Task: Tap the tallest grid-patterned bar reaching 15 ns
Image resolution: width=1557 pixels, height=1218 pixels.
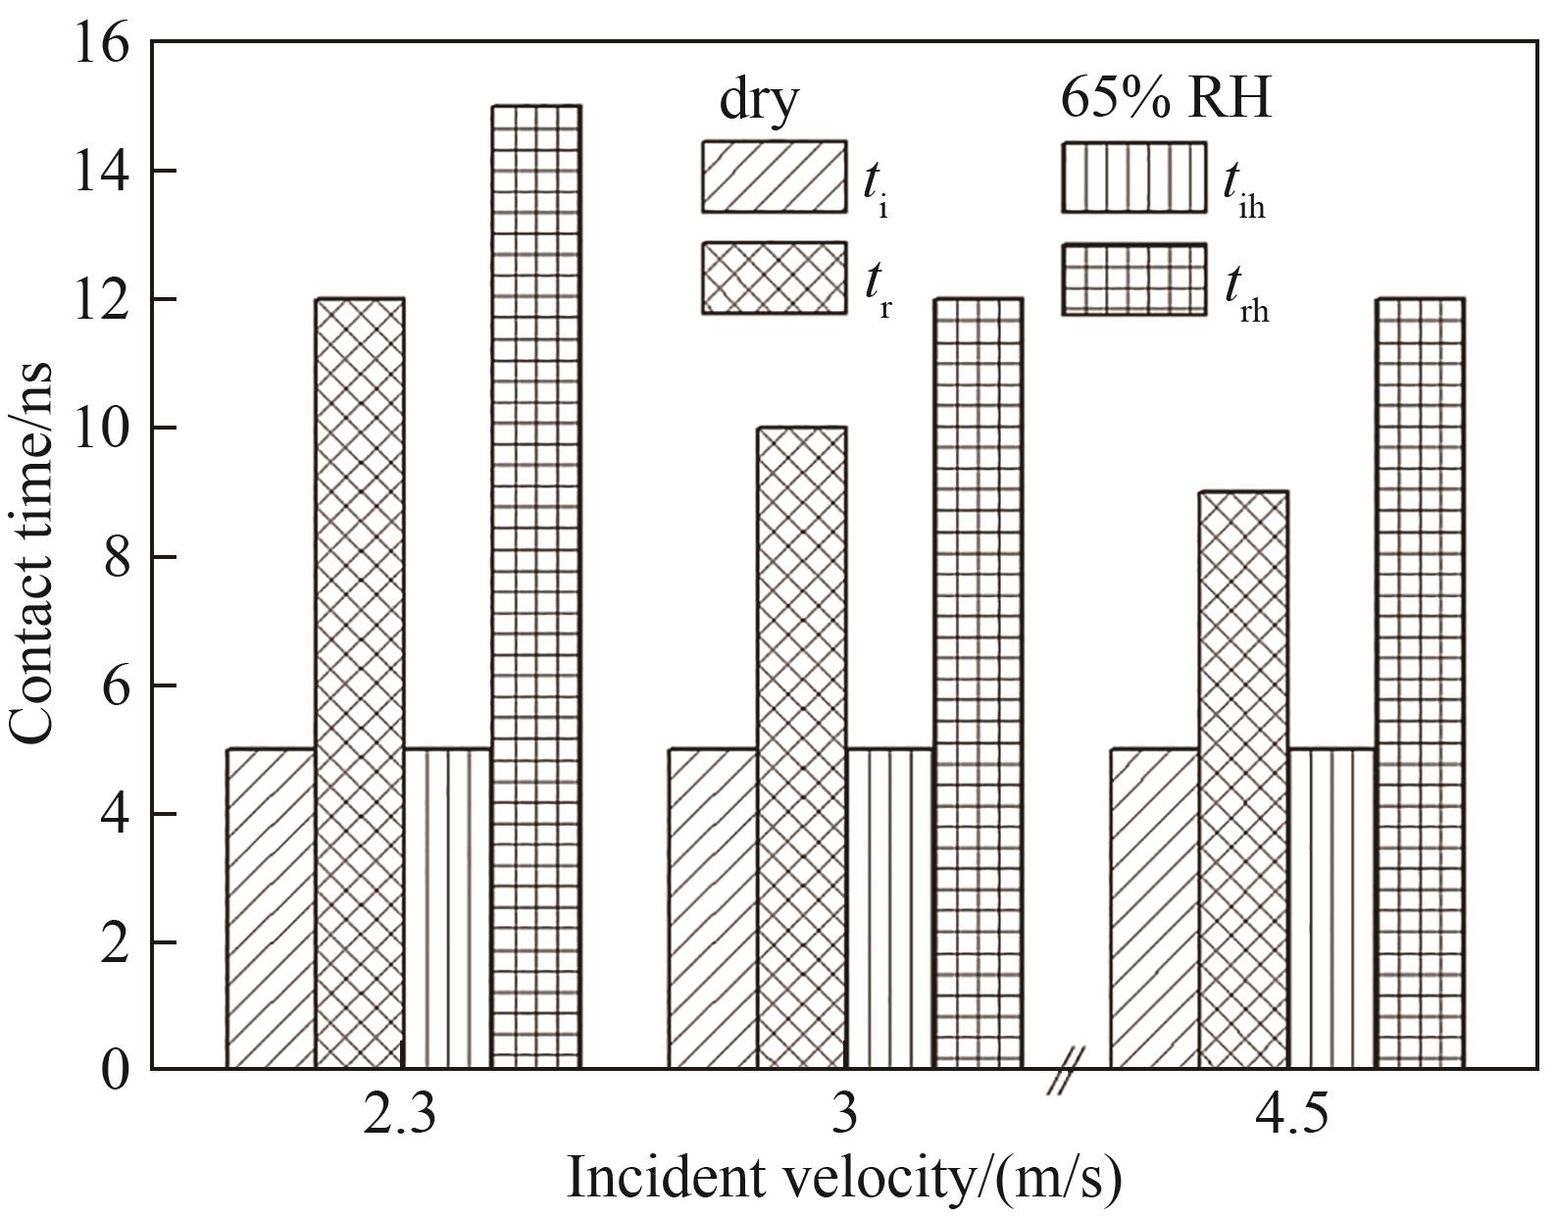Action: (536, 586)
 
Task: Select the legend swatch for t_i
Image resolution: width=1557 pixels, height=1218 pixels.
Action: (774, 177)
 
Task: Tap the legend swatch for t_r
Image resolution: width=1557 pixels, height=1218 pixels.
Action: (774, 279)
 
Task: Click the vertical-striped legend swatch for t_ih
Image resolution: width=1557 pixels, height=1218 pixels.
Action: (1133, 177)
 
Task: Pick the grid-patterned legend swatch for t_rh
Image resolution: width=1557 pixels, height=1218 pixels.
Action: (1133, 279)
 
